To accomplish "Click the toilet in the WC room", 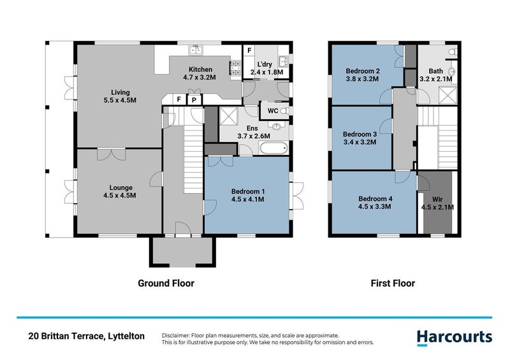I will (284, 111).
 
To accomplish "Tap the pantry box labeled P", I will (191, 99).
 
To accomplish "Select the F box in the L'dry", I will (249, 50).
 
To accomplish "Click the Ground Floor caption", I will (166, 283).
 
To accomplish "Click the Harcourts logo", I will (454, 337).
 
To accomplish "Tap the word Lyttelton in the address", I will (124, 336).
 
